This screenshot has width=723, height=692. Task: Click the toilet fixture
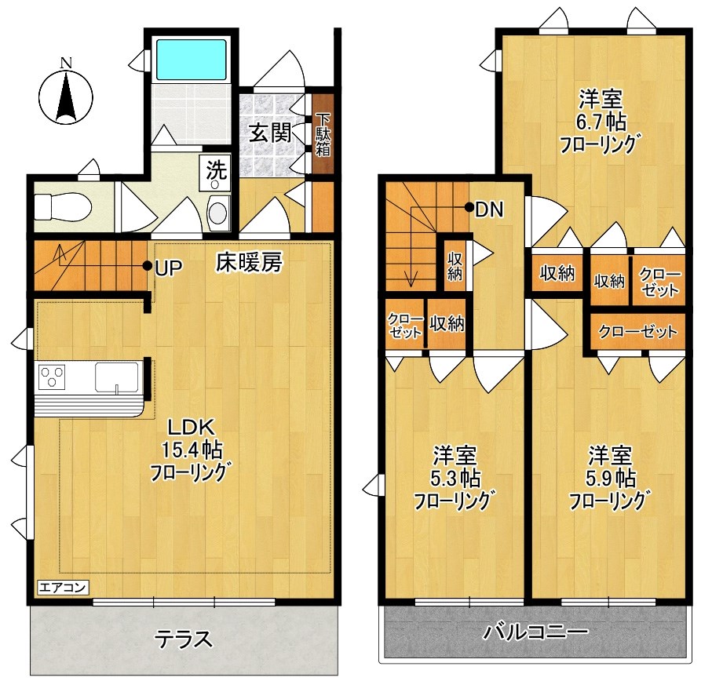(63, 207)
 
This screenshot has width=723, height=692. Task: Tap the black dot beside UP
(147, 265)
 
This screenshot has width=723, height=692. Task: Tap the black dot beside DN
(469, 208)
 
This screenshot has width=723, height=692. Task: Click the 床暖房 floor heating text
(248, 264)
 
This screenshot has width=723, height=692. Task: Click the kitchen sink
(116, 377)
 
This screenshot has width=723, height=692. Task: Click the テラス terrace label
(183, 639)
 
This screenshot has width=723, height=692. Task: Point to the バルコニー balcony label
(536, 631)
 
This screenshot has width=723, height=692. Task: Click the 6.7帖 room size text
(600, 122)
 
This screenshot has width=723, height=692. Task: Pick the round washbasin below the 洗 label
(217, 213)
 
